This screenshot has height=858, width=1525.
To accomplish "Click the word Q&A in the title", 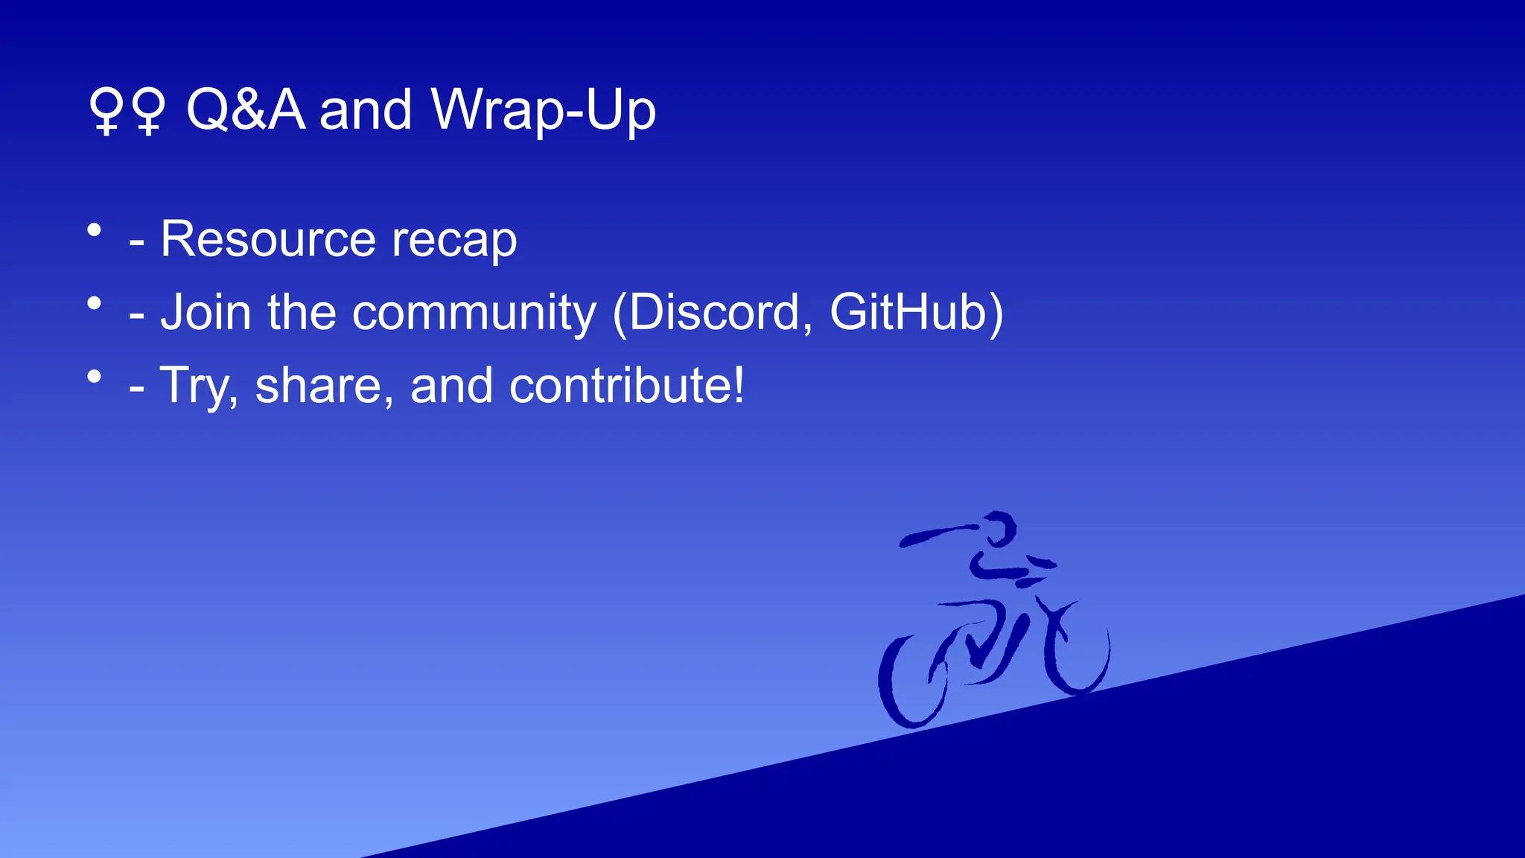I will [x=246, y=109].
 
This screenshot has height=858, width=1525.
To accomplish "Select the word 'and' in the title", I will [x=365, y=110].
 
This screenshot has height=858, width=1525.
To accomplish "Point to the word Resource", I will [x=268, y=239].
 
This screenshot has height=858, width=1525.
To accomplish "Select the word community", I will [x=474, y=313].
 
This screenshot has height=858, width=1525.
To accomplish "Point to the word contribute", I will [x=625, y=385].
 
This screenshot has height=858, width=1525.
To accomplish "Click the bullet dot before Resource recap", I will [x=94, y=230].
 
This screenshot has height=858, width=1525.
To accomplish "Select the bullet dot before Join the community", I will [x=94, y=303].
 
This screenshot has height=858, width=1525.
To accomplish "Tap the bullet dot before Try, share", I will [x=94, y=377].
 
